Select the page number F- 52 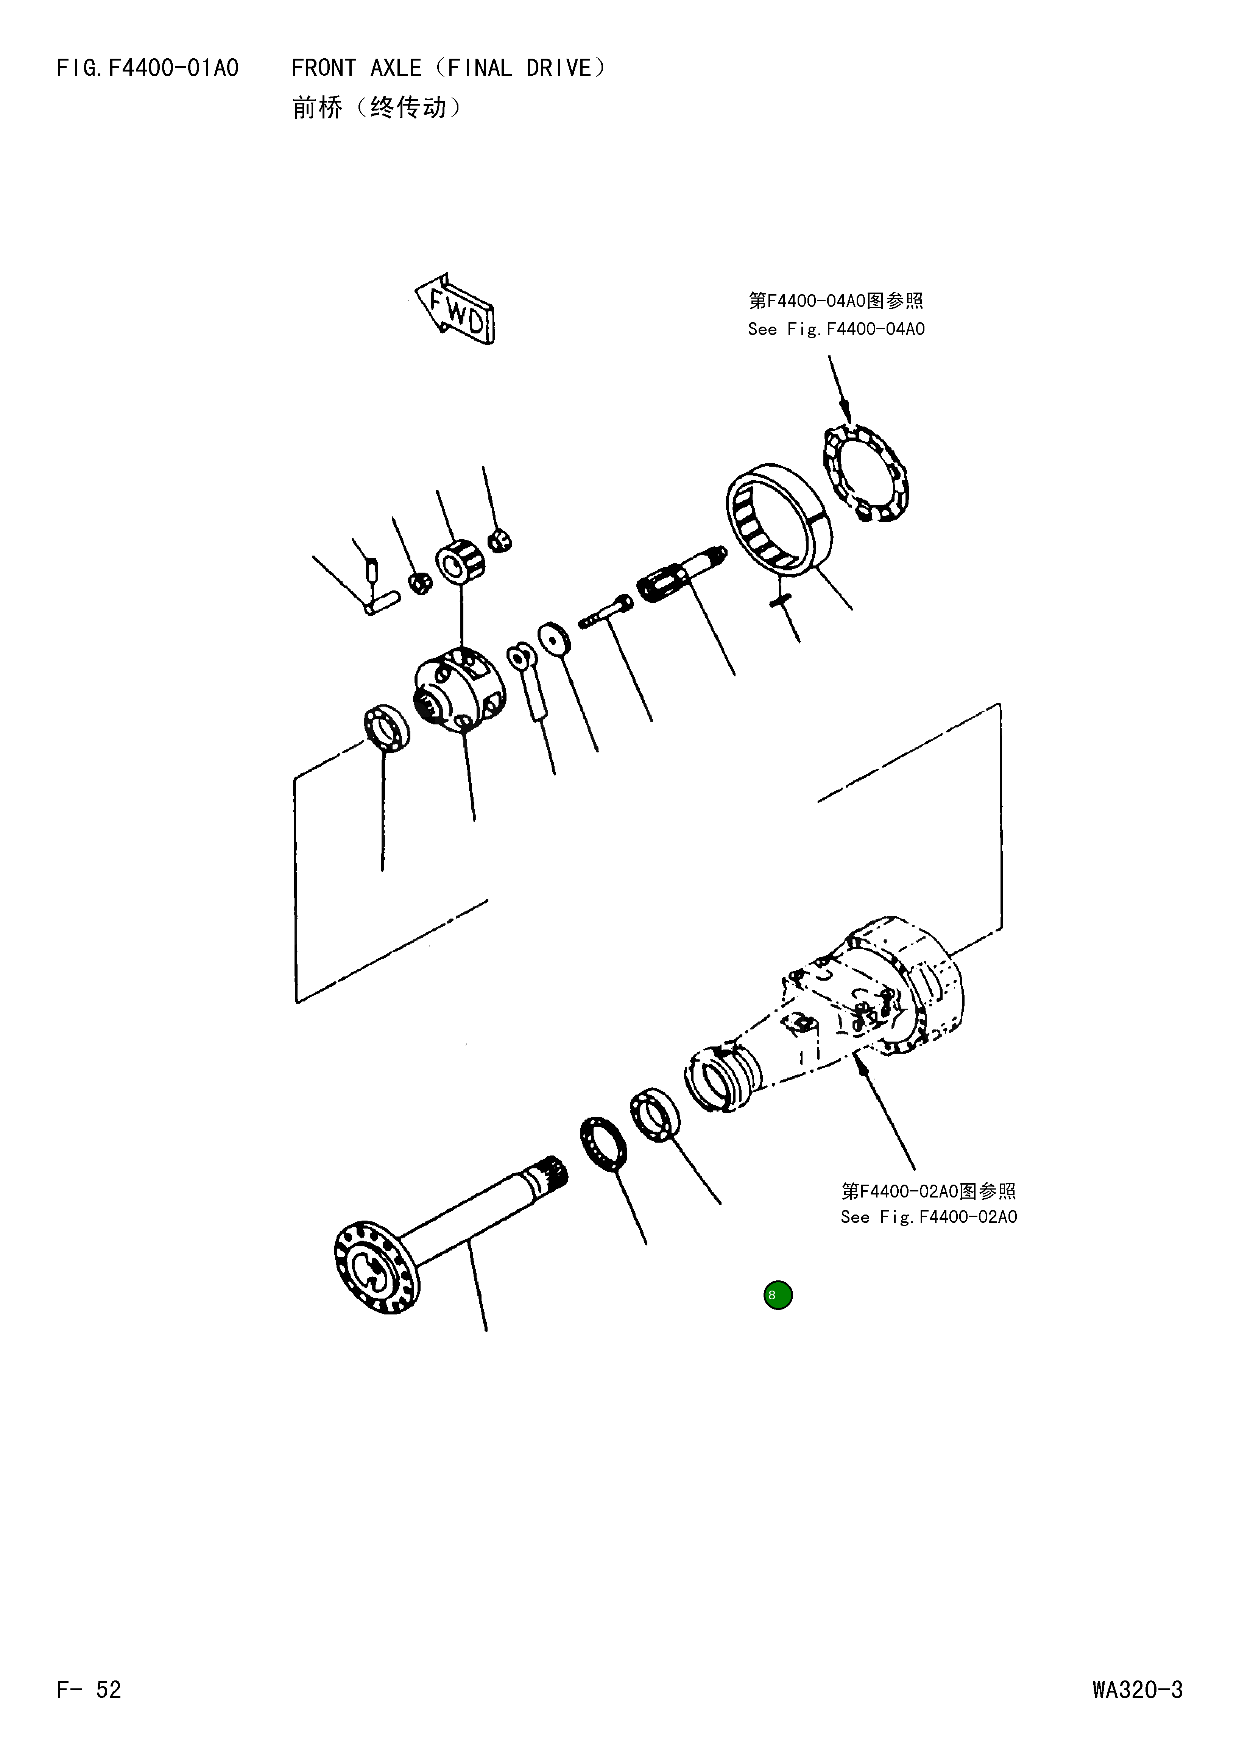point(89,1689)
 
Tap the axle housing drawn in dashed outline point(848,1009)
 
